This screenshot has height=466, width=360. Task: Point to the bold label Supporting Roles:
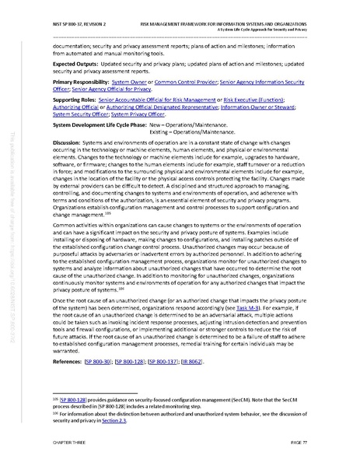pyautogui.click(x=76, y=101)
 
